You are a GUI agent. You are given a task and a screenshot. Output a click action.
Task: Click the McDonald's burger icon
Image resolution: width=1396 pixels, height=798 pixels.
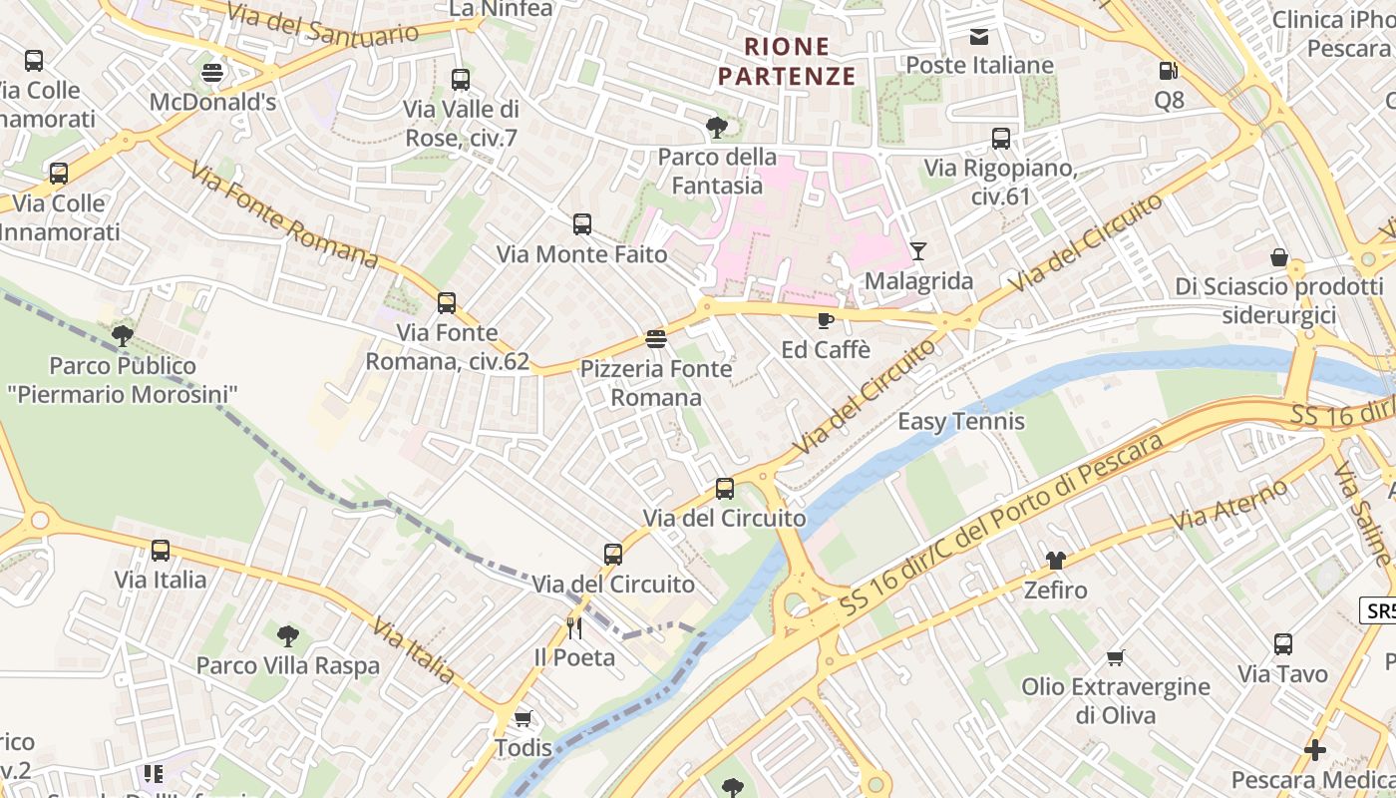pos(212,73)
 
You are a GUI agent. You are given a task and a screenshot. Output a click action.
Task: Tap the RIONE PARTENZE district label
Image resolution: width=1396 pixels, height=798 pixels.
pos(787,61)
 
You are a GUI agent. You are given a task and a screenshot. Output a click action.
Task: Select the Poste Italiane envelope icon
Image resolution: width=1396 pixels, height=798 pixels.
pos(979,37)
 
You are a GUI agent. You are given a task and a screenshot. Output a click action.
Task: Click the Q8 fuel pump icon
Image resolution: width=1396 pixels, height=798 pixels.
pos(1168,71)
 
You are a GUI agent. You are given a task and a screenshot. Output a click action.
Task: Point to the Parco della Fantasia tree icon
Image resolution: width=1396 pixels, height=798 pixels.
pos(716,128)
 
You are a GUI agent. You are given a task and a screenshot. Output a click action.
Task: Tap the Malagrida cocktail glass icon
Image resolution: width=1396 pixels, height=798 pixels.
pos(918,251)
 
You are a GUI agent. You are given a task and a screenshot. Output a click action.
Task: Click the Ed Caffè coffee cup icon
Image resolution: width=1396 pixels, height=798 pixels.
pos(825,320)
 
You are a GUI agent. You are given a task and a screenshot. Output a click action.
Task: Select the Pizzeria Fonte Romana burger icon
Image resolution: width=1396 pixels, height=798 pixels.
pos(655,339)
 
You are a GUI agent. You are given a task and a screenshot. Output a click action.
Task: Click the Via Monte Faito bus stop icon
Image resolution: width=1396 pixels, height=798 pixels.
pos(582,224)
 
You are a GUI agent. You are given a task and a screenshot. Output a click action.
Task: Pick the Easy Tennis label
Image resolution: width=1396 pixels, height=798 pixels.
pos(961,421)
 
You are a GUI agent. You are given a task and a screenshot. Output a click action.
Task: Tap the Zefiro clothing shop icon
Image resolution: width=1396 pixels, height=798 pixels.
pos(1055,561)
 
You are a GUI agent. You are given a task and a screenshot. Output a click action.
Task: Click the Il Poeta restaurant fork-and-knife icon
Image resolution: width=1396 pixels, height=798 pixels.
pos(574,628)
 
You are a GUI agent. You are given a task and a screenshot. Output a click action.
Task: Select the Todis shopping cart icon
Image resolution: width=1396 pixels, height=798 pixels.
pos(523,718)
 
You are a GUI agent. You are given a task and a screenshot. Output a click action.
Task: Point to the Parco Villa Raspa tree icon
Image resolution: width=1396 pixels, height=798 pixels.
pos(287,635)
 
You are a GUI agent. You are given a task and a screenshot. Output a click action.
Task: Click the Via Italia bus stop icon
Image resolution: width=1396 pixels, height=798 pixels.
pos(161,550)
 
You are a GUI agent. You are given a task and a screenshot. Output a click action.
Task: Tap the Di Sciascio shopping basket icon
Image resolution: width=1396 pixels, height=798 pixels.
pos(1279,257)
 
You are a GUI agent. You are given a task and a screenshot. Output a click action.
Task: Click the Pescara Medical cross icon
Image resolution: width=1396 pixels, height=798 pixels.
pos(1315,749)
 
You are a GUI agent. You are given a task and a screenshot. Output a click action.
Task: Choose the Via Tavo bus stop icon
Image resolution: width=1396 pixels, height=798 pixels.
pos(1283,644)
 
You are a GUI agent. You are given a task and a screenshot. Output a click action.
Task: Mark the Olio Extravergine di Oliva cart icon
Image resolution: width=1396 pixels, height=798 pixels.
pos(1116,657)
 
